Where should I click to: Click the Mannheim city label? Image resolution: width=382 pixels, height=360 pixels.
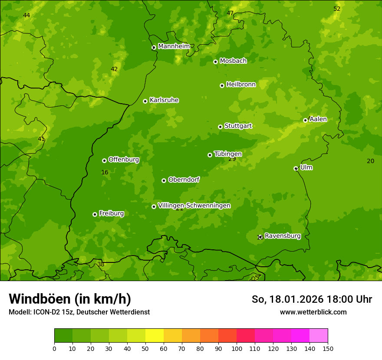point(174,46)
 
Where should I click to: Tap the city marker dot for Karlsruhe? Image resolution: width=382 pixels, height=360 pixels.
point(145,101)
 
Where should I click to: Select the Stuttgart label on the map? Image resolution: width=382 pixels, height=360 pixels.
point(238,126)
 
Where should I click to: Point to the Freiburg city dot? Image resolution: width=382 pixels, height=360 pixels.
point(95,214)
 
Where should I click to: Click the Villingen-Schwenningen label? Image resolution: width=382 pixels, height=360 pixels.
point(194,206)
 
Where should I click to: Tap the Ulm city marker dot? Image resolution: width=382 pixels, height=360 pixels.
point(296,168)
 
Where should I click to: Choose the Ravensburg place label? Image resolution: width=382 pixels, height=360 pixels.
point(283,236)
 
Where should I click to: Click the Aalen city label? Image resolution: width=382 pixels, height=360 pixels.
point(318,119)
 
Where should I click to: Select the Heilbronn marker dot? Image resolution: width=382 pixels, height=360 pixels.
point(222,85)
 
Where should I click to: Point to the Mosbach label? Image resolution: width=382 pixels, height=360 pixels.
point(233,61)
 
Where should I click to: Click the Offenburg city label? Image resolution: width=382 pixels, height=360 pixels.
point(124,160)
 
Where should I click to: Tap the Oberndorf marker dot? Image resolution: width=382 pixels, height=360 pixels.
point(164,180)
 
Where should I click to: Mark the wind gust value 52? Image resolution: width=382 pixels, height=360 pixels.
point(337,9)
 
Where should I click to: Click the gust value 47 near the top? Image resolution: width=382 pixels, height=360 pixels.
point(230,13)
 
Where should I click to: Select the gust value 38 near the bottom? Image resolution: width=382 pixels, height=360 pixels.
point(101,264)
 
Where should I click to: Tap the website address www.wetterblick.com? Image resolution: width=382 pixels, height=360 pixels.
point(313,312)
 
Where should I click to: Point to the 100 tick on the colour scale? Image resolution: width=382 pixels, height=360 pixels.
point(237,348)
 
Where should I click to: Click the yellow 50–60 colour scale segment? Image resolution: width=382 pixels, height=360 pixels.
point(155,336)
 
